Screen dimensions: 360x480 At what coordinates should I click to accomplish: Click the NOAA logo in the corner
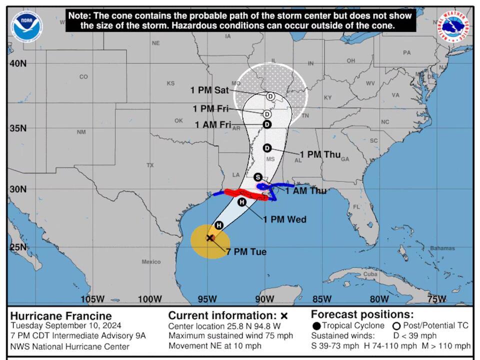26,26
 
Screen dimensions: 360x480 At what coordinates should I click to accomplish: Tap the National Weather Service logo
453,26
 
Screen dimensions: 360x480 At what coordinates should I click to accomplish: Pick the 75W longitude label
437,299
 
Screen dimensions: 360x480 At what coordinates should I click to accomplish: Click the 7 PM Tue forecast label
246,252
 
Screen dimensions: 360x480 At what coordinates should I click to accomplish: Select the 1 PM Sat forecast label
209,90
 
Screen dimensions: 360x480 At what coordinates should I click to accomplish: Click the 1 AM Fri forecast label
212,124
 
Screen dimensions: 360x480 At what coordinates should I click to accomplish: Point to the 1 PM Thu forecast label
320,154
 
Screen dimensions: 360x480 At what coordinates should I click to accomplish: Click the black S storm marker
258,177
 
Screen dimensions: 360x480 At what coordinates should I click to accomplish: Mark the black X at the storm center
210,238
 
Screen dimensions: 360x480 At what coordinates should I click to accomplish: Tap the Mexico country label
151,262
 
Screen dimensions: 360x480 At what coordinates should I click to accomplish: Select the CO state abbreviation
83,76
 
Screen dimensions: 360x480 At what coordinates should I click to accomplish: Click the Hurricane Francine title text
61,316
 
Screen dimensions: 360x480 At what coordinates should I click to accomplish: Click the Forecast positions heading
362,314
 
